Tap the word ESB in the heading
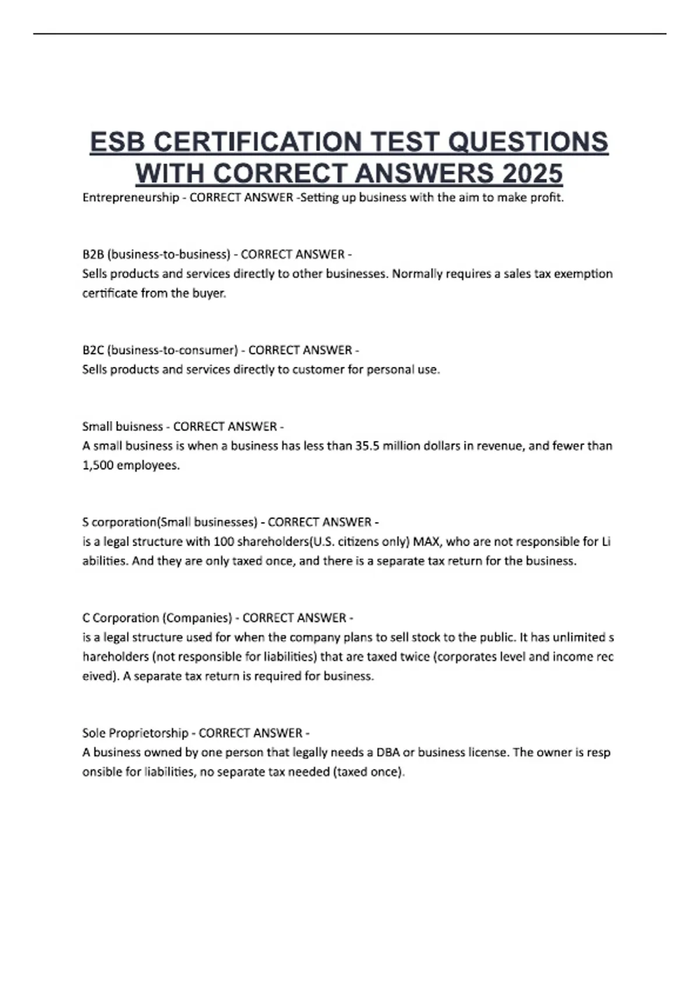pos(118,143)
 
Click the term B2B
pos(93,254)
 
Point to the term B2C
pos(93,351)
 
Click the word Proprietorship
pos(148,733)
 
